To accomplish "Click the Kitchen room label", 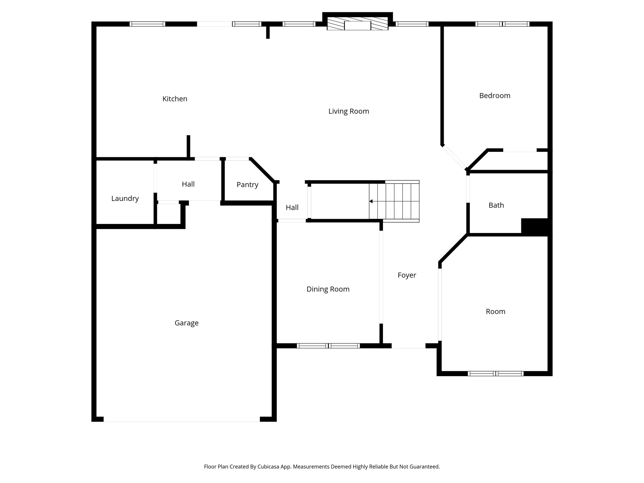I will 175,99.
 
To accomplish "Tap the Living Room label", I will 348,111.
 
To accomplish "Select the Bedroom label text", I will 494,96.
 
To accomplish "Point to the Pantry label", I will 247,185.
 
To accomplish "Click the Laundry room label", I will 125,198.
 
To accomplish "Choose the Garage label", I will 186,323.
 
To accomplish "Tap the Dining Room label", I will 328,289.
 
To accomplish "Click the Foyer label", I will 407,275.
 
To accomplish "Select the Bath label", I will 496,205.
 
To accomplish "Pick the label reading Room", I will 495,311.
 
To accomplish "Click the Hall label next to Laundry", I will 188,184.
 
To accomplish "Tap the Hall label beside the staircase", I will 292,208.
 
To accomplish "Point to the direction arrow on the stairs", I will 371,201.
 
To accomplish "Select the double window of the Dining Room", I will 328,346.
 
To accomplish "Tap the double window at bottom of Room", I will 495,374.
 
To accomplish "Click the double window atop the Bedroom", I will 502,24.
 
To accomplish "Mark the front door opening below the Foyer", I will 408,346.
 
